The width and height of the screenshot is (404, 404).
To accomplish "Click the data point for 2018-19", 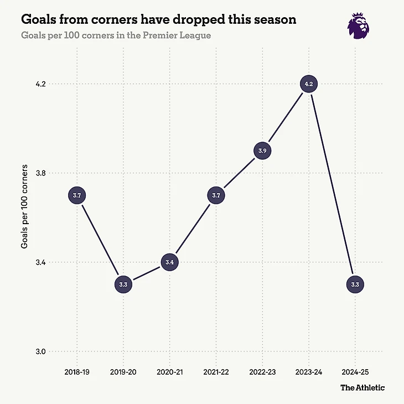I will pyautogui.click(x=77, y=195).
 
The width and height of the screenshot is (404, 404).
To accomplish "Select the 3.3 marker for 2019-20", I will pyautogui.click(x=123, y=284).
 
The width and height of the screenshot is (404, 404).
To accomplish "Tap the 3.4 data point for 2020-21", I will pyautogui.click(x=170, y=262).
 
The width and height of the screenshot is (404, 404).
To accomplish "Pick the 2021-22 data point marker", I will pyautogui.click(x=216, y=195).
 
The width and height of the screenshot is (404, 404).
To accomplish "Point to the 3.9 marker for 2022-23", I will pyautogui.click(x=263, y=151).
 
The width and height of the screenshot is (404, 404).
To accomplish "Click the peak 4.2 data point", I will pyautogui.click(x=309, y=84).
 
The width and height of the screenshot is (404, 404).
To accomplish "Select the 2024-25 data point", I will pyautogui.click(x=355, y=284).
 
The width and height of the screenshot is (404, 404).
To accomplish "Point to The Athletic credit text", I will pyautogui.click(x=362, y=387).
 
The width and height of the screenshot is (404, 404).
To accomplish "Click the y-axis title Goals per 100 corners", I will pyautogui.click(x=25, y=217).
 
